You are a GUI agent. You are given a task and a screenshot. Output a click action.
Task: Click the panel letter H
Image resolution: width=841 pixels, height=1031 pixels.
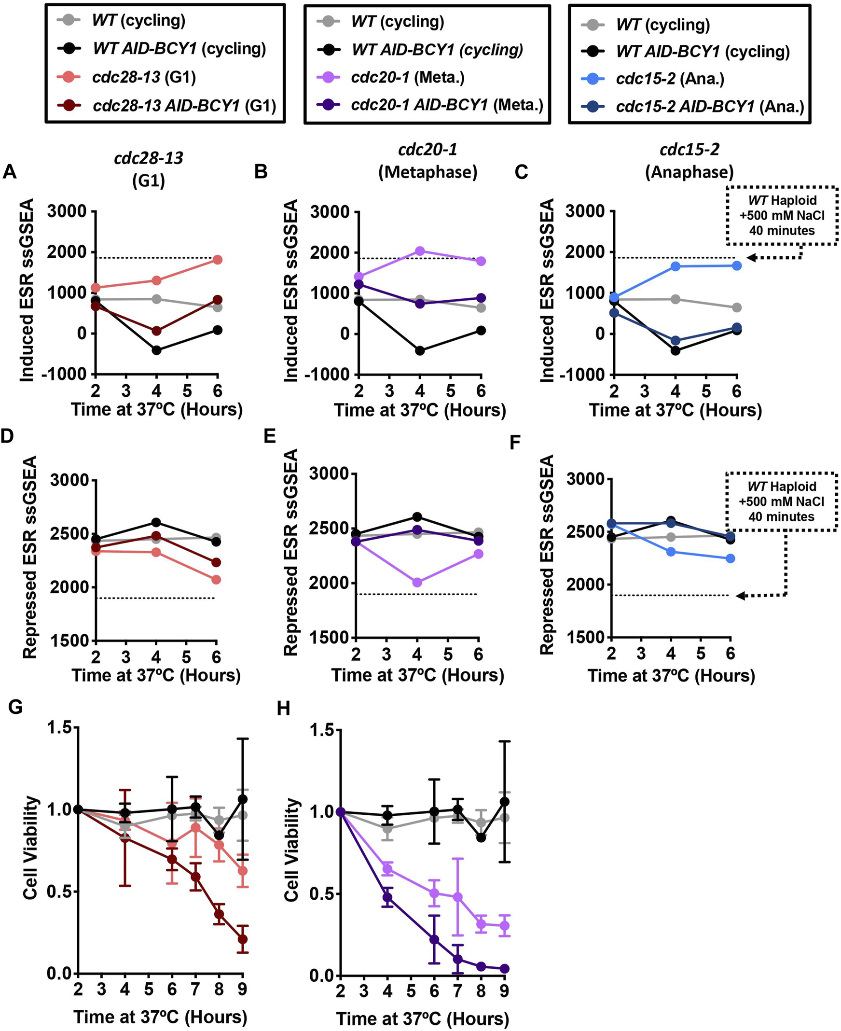tap(283, 708)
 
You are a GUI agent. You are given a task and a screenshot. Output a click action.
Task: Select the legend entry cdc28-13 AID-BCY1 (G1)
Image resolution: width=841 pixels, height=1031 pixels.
tap(184, 105)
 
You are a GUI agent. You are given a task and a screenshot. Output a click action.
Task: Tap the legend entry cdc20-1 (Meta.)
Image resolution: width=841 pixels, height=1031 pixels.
tap(407, 77)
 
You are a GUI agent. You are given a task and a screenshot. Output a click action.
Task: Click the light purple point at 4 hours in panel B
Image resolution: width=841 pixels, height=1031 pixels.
tap(420, 251)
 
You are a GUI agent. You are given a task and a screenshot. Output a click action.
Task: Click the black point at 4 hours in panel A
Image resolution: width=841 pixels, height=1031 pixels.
tap(156, 350)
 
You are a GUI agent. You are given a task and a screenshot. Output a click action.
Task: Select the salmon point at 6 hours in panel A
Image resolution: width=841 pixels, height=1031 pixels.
tap(218, 260)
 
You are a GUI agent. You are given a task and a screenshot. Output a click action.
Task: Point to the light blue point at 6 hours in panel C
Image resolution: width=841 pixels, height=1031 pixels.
tap(736, 265)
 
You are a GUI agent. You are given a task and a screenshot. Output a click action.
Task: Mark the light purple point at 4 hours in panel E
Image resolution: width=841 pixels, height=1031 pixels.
tap(417, 583)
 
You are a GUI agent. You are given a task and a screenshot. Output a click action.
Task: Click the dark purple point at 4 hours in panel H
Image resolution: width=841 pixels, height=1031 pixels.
tap(387, 897)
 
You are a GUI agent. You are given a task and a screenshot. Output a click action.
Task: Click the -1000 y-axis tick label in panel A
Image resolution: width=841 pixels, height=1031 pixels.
tap(64, 375)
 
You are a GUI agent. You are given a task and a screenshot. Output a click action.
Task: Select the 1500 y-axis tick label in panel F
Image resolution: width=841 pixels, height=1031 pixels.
tap(585, 638)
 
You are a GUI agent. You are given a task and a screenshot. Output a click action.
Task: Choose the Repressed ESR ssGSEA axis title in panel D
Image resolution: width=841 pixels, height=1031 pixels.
tap(30, 557)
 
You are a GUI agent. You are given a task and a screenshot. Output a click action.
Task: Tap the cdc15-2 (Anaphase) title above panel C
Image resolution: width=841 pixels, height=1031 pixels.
tap(689, 160)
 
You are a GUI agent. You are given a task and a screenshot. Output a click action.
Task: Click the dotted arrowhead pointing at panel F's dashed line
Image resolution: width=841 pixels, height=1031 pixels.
tap(740, 596)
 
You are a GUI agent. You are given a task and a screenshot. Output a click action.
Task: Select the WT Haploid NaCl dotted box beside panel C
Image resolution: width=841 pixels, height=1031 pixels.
tap(782, 216)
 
